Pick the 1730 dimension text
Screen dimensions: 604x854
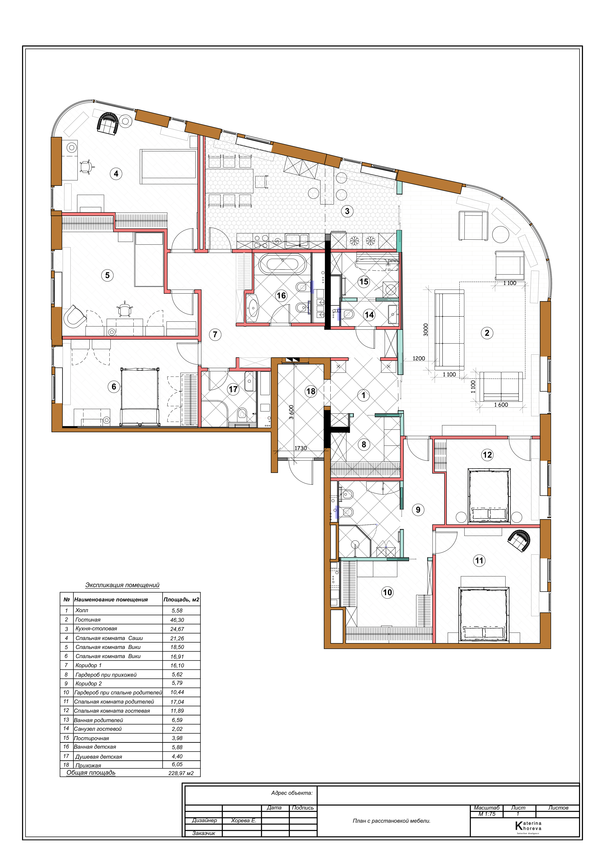[x=301, y=448]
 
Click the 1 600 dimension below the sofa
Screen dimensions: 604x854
[x=501, y=405]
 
